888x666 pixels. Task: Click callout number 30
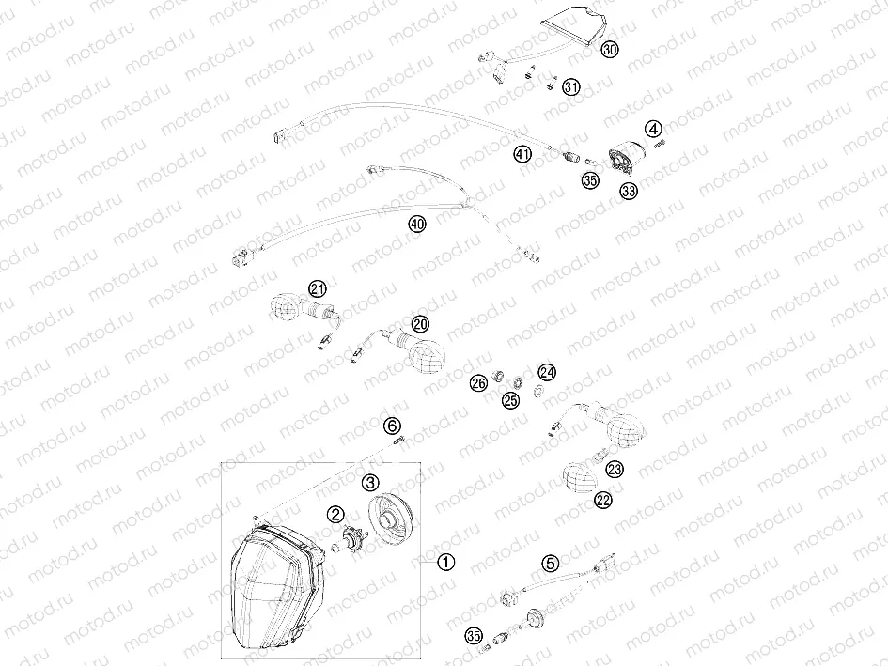pyautogui.click(x=610, y=51)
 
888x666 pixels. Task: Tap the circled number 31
pyautogui.click(x=571, y=87)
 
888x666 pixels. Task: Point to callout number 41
pyautogui.click(x=522, y=153)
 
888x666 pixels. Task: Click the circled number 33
pyautogui.click(x=628, y=191)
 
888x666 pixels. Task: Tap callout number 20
pyautogui.click(x=419, y=323)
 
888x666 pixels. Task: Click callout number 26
pyautogui.click(x=479, y=383)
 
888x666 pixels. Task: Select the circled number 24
pyautogui.click(x=547, y=373)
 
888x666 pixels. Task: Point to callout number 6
pyautogui.click(x=393, y=426)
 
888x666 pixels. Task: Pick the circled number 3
pyautogui.click(x=371, y=482)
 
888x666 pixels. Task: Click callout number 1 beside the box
pyautogui.click(x=445, y=562)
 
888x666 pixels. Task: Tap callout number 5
pyautogui.click(x=551, y=564)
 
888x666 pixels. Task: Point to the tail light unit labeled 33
pyautogui.click(x=622, y=157)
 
